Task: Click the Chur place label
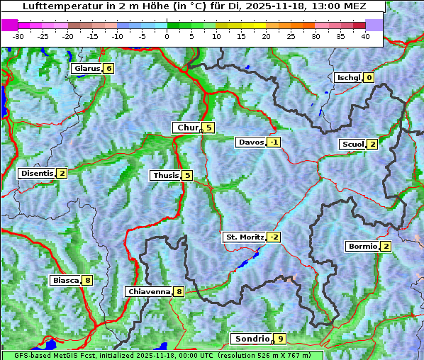pyautogui.click(x=188, y=128)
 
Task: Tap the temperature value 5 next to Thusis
pyautogui.click(x=187, y=175)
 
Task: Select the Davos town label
pyautogui.click(x=251, y=142)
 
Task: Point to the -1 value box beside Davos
pyautogui.click(x=274, y=142)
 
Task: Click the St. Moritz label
pyautogui.click(x=244, y=237)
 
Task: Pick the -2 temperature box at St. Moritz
pyautogui.click(x=274, y=237)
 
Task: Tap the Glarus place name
pyautogui.click(x=86, y=69)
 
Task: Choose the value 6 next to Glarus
pyautogui.click(x=108, y=69)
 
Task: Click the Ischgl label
pyautogui.click(x=348, y=77)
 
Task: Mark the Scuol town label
pyautogui.click(x=352, y=144)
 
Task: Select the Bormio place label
pyautogui.click(x=362, y=247)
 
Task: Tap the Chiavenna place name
pyautogui.click(x=148, y=291)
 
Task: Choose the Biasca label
pyautogui.click(x=65, y=280)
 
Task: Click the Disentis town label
pyautogui.click(x=37, y=173)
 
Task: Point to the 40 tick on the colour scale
pyautogui.click(x=365, y=36)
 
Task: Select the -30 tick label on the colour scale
pyautogui.click(x=18, y=36)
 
